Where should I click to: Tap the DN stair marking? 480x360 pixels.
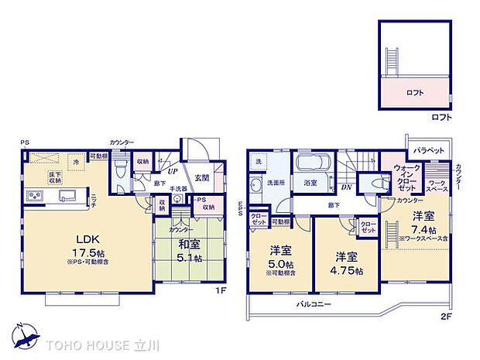(348, 187)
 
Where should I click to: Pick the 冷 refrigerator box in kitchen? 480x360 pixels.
(76, 163)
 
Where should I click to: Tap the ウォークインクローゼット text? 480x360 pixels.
(406, 177)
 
